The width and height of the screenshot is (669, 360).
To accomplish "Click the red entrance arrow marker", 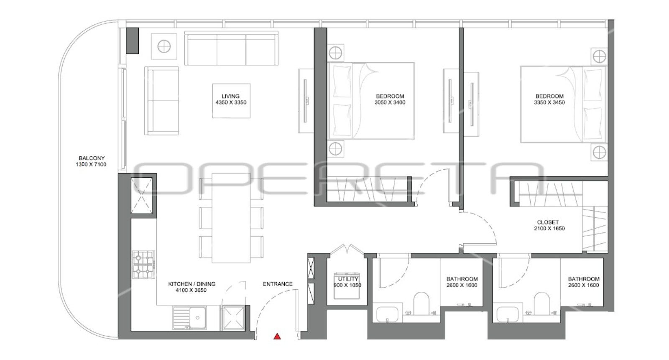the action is [x=277, y=337].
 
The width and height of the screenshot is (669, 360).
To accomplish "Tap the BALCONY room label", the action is [x=92, y=158].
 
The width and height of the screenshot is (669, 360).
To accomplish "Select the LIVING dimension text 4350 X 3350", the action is [x=231, y=102].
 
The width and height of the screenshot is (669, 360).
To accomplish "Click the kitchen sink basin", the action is [x=197, y=317].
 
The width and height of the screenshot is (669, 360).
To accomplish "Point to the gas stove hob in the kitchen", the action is [x=144, y=264].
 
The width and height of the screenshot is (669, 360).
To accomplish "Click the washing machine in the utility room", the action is [x=347, y=286].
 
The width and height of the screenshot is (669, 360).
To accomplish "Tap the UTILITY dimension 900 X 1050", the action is [x=347, y=285].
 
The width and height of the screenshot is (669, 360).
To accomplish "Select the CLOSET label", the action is [x=548, y=222].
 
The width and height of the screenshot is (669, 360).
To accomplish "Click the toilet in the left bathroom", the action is [x=421, y=303].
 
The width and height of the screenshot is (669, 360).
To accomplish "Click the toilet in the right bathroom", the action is [x=541, y=303].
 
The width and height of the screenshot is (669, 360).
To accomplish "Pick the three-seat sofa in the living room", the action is [x=232, y=48].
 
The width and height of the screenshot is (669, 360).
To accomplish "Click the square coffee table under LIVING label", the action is [x=232, y=101].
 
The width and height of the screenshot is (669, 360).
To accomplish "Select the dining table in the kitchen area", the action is [x=231, y=218].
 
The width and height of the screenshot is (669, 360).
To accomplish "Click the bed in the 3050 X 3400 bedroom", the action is [x=371, y=101].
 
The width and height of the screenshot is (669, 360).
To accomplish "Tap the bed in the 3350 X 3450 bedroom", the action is [x=563, y=104].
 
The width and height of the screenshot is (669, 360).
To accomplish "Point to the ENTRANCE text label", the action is [x=278, y=284].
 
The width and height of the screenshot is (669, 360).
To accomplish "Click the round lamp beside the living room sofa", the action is [x=164, y=46].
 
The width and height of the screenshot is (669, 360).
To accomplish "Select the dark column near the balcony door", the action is [x=132, y=41].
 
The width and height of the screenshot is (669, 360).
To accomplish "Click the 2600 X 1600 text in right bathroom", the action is [x=584, y=285].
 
